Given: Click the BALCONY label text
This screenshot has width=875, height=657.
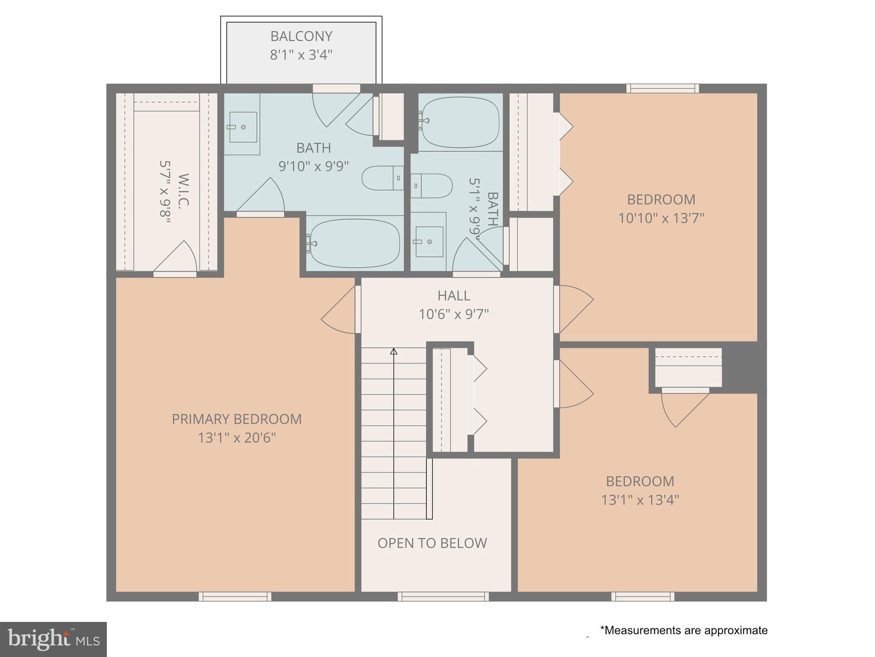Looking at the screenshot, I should point(301,36).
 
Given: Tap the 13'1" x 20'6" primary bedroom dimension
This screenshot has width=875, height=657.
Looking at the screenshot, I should point(237,438).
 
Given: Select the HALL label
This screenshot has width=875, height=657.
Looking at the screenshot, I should point(454,296).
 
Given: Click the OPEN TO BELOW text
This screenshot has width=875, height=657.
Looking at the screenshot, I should point(432,543).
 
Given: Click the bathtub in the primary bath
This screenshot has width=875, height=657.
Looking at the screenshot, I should point(355,243).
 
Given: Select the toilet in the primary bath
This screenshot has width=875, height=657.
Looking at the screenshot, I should point(382,178).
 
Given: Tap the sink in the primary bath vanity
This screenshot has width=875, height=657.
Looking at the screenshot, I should point(243,127).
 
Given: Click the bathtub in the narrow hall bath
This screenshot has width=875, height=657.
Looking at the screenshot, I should point(460,121).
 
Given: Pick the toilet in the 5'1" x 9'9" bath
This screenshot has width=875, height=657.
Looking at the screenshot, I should point(432,186).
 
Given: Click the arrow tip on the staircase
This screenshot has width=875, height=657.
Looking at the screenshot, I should point(393,351).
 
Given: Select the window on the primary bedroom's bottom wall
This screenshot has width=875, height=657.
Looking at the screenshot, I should point(235,596).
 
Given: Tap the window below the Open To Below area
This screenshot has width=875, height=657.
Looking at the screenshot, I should point(443,596).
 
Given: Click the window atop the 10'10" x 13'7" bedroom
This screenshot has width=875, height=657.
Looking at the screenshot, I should point(663,89).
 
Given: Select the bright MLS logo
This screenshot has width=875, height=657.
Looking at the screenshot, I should point(53,639).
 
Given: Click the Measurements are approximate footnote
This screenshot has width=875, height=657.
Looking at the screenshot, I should point(684,630).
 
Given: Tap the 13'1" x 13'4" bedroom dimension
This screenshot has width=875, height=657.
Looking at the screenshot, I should point(640,500).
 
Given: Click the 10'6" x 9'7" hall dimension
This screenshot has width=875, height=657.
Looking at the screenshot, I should point(454,314).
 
